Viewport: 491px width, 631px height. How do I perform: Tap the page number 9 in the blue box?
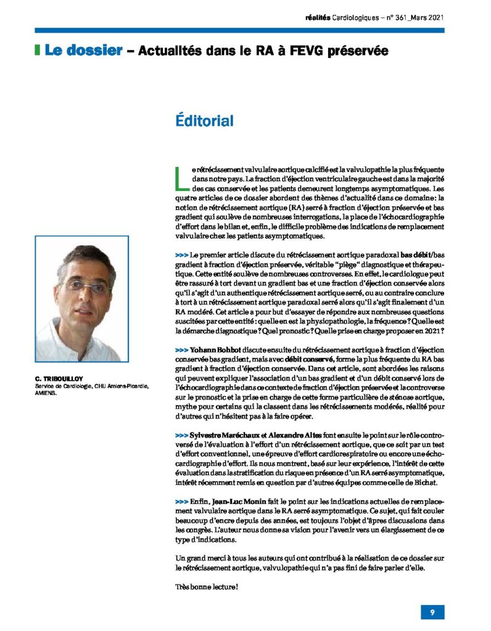(x=432, y=612)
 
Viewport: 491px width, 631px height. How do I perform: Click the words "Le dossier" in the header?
(x=83, y=51)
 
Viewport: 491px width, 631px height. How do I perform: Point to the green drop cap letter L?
(x=180, y=177)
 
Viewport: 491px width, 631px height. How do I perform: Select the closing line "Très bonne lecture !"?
(x=207, y=587)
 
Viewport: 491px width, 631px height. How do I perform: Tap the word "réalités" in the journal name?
(x=318, y=18)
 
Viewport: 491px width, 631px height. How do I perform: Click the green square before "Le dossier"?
(x=38, y=51)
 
